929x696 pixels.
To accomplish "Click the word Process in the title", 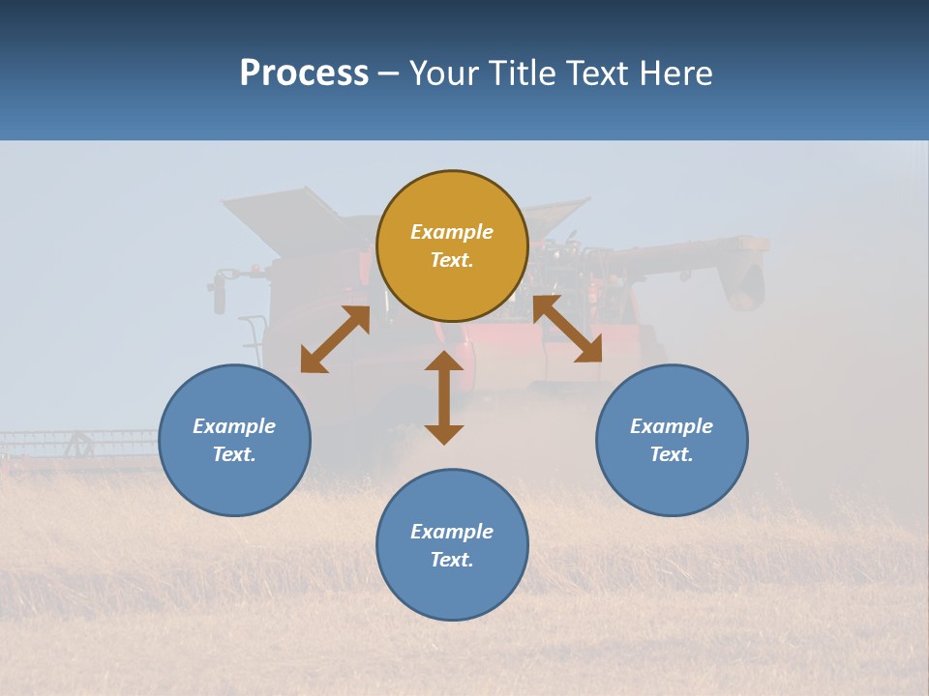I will (304, 73).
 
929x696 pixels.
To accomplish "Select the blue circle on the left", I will (234, 483).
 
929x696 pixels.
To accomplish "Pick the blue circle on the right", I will (672, 483).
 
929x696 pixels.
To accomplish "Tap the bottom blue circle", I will (452, 590).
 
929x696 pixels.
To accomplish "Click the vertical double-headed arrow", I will (444, 397).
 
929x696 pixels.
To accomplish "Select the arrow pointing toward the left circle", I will (335, 339).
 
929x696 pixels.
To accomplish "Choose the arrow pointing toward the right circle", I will (568, 329).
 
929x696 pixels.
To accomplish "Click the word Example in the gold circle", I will (452, 232).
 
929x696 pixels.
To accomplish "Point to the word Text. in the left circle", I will (234, 454).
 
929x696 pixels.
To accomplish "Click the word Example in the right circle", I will (672, 426).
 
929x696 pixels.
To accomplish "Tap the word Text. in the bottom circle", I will (452, 560).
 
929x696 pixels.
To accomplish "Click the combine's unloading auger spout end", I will (746, 280).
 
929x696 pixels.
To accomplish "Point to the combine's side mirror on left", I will (219, 291).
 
